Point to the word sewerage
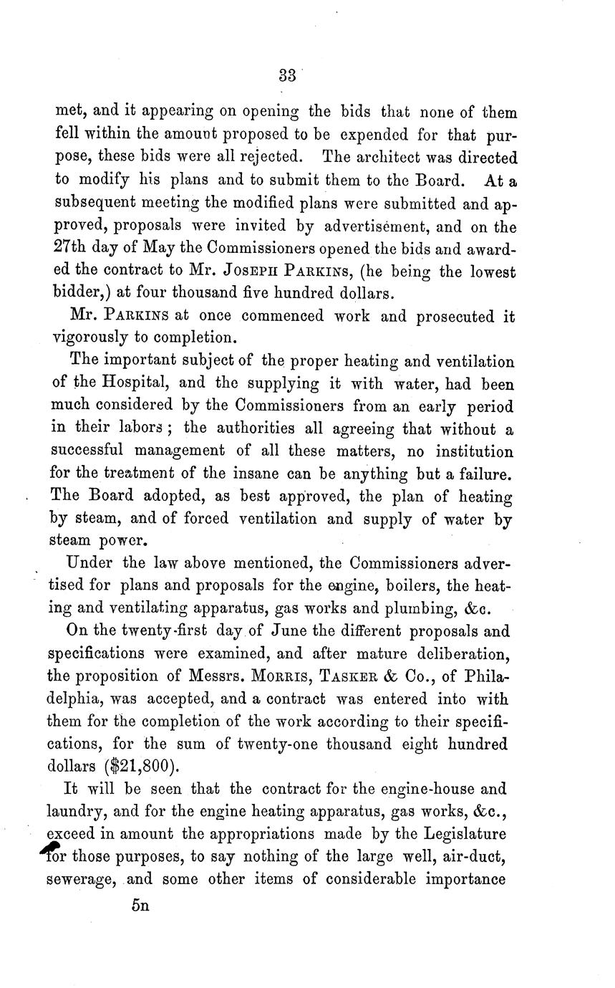[81, 880]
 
